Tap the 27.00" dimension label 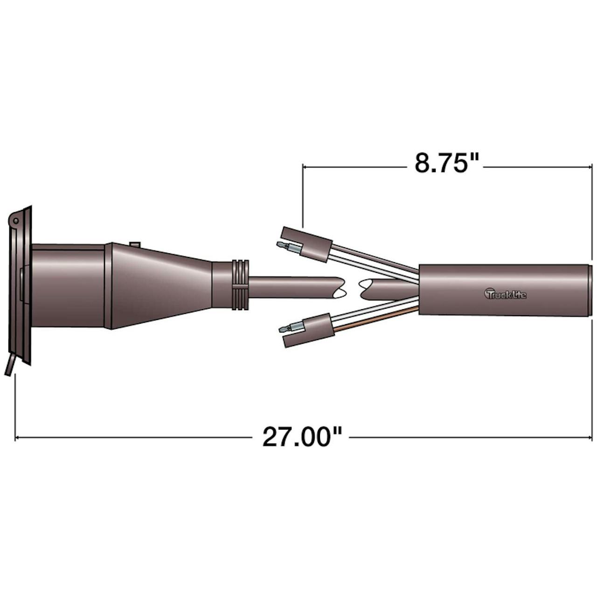[x=302, y=437]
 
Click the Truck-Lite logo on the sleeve [x=505, y=293]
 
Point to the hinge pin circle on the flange [x=15, y=220]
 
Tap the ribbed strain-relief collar [x=240, y=285]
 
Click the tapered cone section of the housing [x=161, y=285]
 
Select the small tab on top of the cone [x=135, y=244]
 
